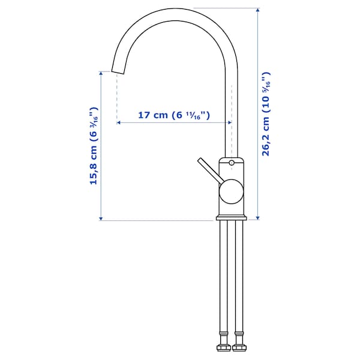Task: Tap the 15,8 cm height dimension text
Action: tap(94, 146)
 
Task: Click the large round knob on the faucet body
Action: tap(230, 193)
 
